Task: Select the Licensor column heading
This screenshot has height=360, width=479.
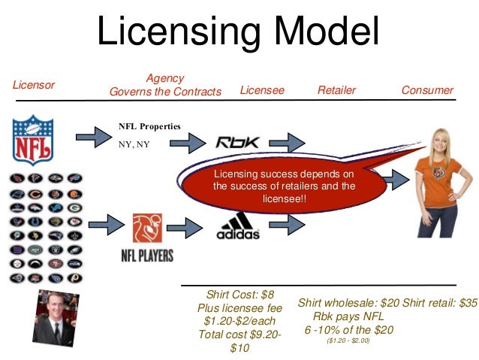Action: (x=34, y=85)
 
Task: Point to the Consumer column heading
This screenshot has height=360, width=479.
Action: (x=427, y=91)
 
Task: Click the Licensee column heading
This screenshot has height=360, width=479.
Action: (x=262, y=91)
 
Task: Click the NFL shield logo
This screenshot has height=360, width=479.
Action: (x=32, y=139)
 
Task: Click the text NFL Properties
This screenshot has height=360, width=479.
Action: (x=149, y=126)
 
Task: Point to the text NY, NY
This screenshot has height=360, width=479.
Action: (x=134, y=144)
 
